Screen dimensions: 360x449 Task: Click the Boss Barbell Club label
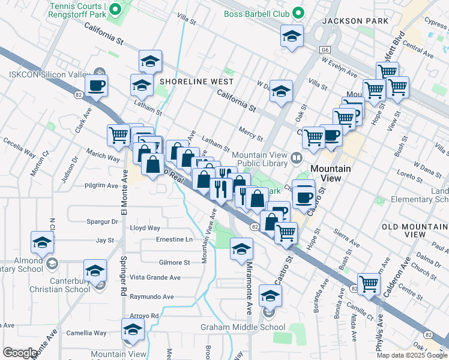click(x=256, y=13)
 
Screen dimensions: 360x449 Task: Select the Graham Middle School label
click(x=243, y=328)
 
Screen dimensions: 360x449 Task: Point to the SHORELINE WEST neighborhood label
click(x=187, y=81)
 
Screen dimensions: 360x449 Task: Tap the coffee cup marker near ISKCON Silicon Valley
click(x=96, y=85)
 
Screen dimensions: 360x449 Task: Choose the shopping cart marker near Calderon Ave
click(x=369, y=283)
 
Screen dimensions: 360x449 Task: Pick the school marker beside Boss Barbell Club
click(x=292, y=35)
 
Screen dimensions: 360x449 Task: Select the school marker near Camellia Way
click(x=133, y=329)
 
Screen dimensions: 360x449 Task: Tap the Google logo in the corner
click(x=20, y=353)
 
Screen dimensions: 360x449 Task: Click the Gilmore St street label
click(x=174, y=263)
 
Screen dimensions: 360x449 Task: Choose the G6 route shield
click(x=325, y=50)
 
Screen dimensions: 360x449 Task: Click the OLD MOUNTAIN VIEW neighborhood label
click(x=415, y=230)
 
